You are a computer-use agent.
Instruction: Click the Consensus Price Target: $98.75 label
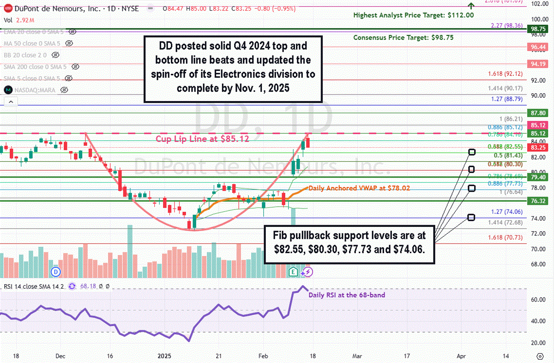pyautogui.click(x=403, y=38)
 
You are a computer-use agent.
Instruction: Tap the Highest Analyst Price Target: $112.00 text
pyautogui.click(x=413, y=15)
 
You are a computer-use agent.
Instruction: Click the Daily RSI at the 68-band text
pyautogui.click(x=346, y=295)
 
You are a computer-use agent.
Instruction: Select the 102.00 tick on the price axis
pyautogui.click(x=541, y=3)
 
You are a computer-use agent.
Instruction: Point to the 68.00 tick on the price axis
pyautogui.click(x=541, y=264)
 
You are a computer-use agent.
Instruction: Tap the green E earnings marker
pyautogui.click(x=294, y=272)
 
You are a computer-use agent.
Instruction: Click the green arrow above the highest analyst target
pyautogui.click(x=470, y=6)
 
